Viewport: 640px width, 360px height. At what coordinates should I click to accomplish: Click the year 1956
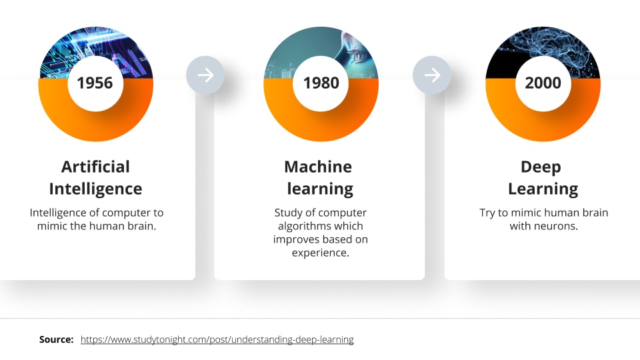[x=95, y=83]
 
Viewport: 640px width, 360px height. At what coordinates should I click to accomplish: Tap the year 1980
[x=321, y=83]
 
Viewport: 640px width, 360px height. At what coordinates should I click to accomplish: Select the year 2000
[x=543, y=83]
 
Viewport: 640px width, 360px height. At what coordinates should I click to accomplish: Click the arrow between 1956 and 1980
[x=206, y=75]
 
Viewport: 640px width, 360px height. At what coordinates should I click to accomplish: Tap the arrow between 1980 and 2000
[x=432, y=75]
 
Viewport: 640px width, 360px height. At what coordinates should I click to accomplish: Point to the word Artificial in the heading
[x=95, y=167]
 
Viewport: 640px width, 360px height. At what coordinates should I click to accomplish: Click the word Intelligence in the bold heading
[x=95, y=189]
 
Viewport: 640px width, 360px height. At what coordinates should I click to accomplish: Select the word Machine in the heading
[x=318, y=167]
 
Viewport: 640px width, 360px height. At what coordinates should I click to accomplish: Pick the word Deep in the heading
[x=541, y=167]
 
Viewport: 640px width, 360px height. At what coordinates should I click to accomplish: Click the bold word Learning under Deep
[x=543, y=189]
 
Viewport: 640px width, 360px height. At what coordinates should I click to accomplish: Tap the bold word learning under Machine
[x=320, y=189]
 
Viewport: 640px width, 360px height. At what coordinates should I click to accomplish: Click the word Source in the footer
[x=56, y=339]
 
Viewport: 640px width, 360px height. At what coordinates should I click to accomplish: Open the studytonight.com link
[x=217, y=339]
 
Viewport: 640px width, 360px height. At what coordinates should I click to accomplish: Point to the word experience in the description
[x=321, y=253]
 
